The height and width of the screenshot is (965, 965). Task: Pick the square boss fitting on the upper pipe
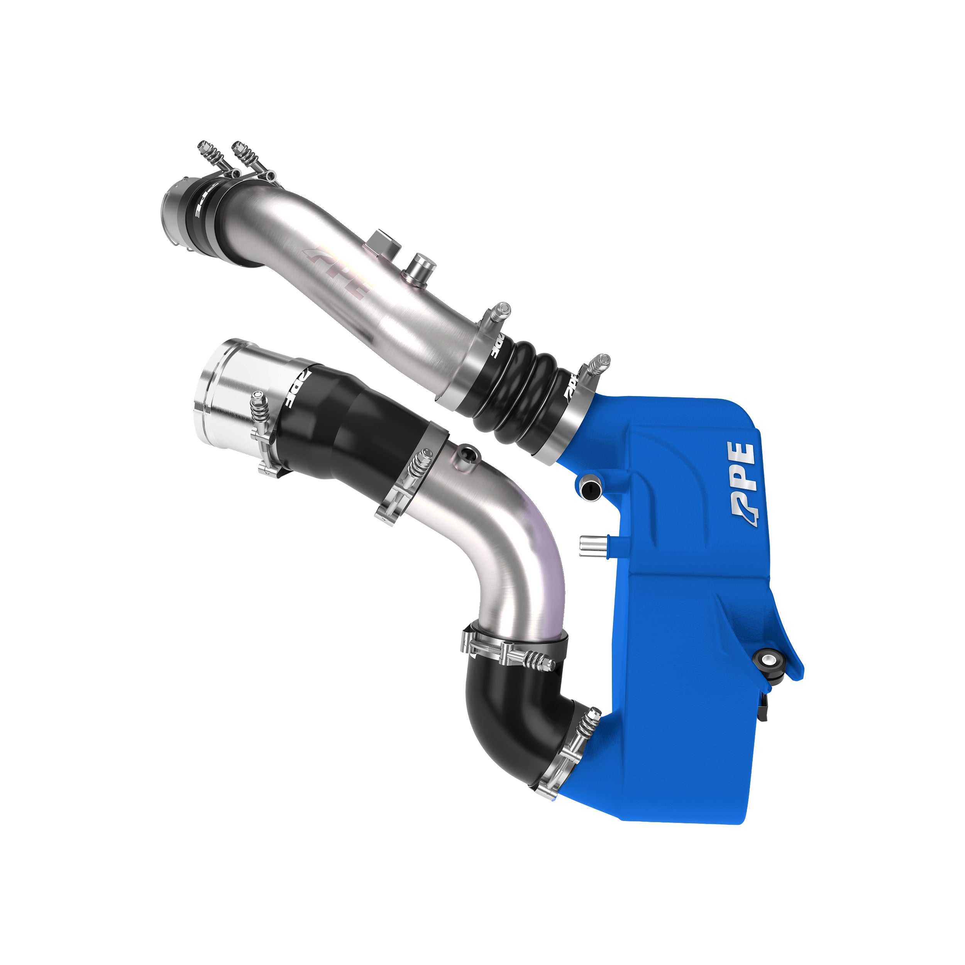(382, 243)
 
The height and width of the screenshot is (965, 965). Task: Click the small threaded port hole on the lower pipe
(467, 454)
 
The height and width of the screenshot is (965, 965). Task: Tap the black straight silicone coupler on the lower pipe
(345, 430)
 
